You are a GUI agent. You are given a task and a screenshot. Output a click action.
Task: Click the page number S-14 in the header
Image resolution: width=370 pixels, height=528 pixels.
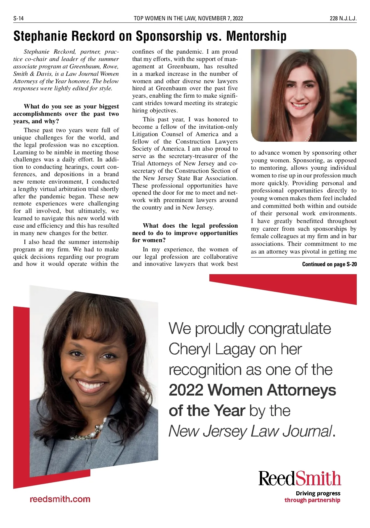pyautogui.click(x=18, y=18)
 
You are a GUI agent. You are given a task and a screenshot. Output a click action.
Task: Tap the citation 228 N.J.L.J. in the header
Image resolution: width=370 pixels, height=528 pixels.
pyautogui.click(x=343, y=18)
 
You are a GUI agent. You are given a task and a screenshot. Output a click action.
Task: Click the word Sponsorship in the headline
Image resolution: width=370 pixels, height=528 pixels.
pyautogui.click(x=169, y=36)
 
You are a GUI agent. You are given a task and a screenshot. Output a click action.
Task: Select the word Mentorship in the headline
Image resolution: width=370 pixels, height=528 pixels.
pyautogui.click(x=256, y=36)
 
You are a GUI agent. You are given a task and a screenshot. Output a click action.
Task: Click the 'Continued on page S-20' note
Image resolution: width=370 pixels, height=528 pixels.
pyautogui.click(x=329, y=264)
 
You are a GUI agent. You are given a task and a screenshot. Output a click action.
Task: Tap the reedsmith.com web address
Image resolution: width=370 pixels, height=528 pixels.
pyautogui.click(x=60, y=499)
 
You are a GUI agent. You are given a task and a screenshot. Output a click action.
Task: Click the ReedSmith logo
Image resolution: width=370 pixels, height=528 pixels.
pyautogui.click(x=300, y=478)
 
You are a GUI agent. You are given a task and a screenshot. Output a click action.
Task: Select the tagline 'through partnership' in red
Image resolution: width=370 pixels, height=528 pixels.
pyautogui.click(x=312, y=500)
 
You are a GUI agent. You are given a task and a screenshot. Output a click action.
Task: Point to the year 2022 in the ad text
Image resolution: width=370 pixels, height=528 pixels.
pyautogui.click(x=186, y=390)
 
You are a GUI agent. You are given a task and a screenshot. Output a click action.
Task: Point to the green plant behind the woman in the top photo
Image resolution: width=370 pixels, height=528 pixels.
pyautogui.click(x=350, y=92)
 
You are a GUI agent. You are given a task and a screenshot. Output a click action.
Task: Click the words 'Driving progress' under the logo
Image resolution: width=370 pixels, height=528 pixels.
pyautogui.click(x=318, y=493)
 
